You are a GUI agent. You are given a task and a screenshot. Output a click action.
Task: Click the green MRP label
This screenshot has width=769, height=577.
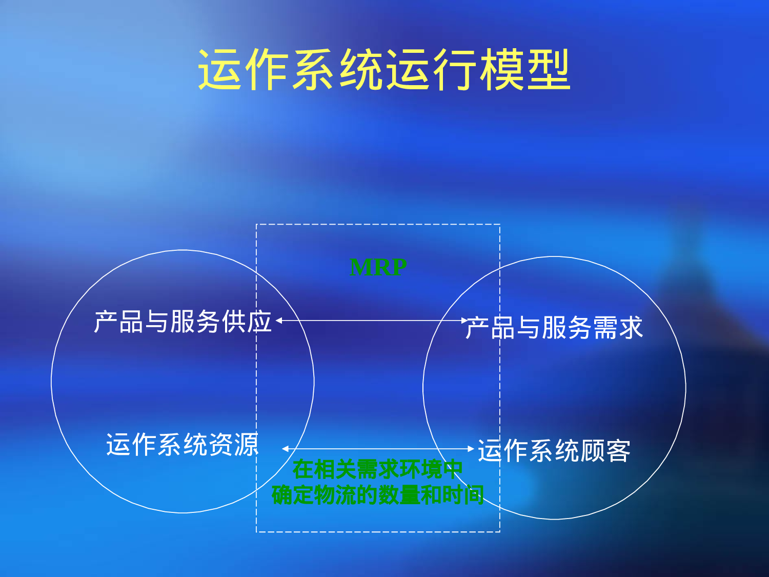click(378, 267)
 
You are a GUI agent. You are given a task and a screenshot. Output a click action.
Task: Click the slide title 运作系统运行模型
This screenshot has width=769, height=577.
click(384, 70)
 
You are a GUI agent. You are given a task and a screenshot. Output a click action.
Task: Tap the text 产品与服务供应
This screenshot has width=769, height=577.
click(183, 322)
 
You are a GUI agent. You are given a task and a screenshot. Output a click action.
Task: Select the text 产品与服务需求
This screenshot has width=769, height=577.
click(554, 327)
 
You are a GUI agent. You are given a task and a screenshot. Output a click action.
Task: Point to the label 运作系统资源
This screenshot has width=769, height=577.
click(183, 444)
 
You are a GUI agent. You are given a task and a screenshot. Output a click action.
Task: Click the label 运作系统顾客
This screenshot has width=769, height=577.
click(554, 450)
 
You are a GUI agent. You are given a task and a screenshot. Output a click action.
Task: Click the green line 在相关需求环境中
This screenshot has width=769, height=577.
click(378, 469)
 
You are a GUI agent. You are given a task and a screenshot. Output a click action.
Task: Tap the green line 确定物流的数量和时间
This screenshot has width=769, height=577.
click(378, 495)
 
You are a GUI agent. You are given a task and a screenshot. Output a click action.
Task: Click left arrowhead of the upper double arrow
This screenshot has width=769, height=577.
click(279, 321)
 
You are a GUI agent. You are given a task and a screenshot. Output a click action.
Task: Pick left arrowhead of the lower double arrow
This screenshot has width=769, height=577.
click(285, 449)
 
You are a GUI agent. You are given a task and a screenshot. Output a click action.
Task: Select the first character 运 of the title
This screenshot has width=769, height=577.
click(220, 70)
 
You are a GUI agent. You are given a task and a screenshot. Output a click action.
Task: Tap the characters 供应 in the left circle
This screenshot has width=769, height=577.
click(247, 322)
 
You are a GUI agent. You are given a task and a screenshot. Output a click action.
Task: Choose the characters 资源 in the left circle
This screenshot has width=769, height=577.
click(234, 444)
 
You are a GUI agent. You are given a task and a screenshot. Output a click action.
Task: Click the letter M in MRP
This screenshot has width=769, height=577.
click(360, 267)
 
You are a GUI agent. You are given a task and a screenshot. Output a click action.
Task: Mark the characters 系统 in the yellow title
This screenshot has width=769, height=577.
click(337, 70)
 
